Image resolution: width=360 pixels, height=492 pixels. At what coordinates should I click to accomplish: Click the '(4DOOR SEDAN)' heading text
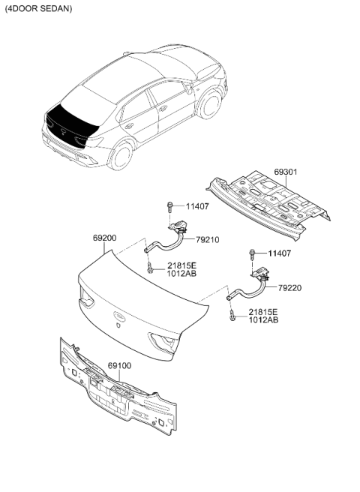pyautogui.click(x=38, y=8)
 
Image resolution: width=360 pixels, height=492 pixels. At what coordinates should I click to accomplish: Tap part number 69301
pyautogui.click(x=286, y=172)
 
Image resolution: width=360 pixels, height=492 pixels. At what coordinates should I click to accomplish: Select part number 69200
pyautogui.click(x=104, y=238)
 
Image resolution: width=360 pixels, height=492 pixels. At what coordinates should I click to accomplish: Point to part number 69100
pyautogui.click(x=119, y=365)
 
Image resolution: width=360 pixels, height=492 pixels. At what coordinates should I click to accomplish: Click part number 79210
pyautogui.click(x=208, y=240)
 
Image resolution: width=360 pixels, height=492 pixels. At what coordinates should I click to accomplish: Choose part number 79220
pyautogui.click(x=289, y=288)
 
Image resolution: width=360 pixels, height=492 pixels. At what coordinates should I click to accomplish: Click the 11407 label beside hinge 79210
pyautogui.click(x=197, y=206)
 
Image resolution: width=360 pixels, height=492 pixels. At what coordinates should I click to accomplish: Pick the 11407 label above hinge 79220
pyautogui.click(x=280, y=253)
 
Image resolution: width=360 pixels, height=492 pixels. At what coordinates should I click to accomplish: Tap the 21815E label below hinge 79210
pyautogui.click(x=181, y=265)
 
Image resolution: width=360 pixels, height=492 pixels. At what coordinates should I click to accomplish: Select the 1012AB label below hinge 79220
pyautogui.click(x=263, y=320)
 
